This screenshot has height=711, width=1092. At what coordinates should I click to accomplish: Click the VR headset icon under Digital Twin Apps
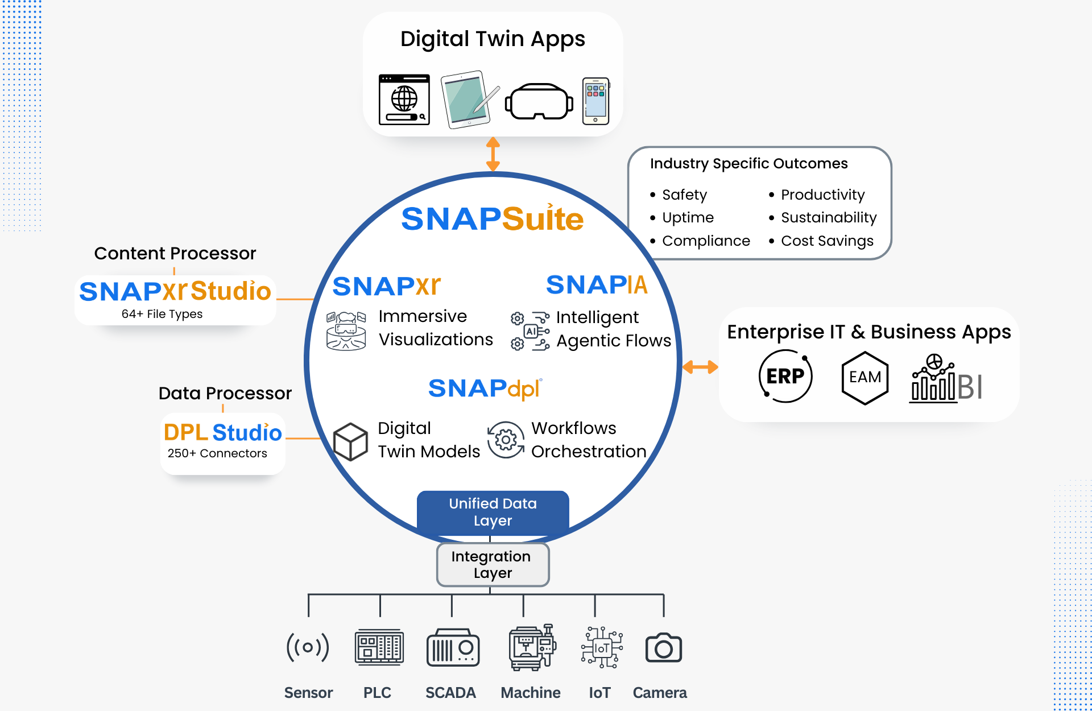pyautogui.click(x=539, y=101)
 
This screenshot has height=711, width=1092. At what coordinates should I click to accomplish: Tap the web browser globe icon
pyautogui.click(x=404, y=100)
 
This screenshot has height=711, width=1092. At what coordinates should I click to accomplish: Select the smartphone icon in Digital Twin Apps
pyautogui.click(x=595, y=101)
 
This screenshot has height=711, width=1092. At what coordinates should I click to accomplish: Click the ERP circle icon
pyautogui.click(x=785, y=376)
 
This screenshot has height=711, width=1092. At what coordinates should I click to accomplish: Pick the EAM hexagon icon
pyautogui.click(x=864, y=377)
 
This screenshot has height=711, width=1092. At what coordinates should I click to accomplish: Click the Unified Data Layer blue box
pyautogui.click(x=493, y=512)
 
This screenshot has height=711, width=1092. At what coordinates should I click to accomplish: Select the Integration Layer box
pyautogui.click(x=493, y=564)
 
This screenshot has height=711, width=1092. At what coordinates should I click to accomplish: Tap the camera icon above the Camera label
pyautogui.click(x=663, y=647)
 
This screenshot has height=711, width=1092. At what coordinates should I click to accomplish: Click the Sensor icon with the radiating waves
pyautogui.click(x=308, y=647)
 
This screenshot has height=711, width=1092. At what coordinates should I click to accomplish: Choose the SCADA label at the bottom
pyautogui.click(x=450, y=693)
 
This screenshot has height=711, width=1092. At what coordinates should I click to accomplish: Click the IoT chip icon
pyautogui.click(x=602, y=647)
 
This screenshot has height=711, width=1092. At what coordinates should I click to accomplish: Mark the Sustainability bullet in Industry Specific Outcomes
pyautogui.click(x=828, y=217)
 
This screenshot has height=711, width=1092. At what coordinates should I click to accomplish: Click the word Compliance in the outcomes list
pyautogui.click(x=706, y=241)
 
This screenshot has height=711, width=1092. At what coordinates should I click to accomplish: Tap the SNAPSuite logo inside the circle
pyautogui.click(x=493, y=219)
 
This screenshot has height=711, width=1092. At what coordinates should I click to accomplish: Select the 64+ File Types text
pyautogui.click(x=162, y=314)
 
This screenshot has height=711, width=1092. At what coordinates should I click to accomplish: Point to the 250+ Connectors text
pyautogui.click(x=217, y=453)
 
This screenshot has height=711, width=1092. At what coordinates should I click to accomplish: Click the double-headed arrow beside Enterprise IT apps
pyautogui.click(x=700, y=367)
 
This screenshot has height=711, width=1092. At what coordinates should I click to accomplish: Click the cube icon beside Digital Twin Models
pyautogui.click(x=350, y=441)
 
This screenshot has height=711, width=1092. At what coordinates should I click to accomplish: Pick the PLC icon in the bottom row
pyautogui.click(x=379, y=647)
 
